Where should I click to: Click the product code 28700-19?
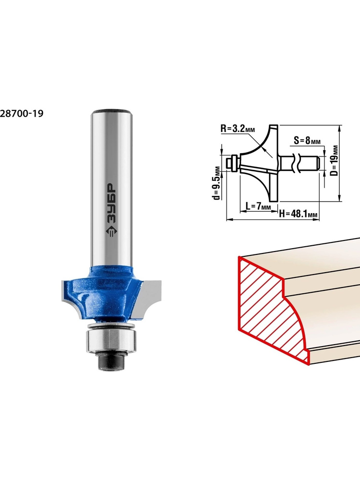pos(22,114)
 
